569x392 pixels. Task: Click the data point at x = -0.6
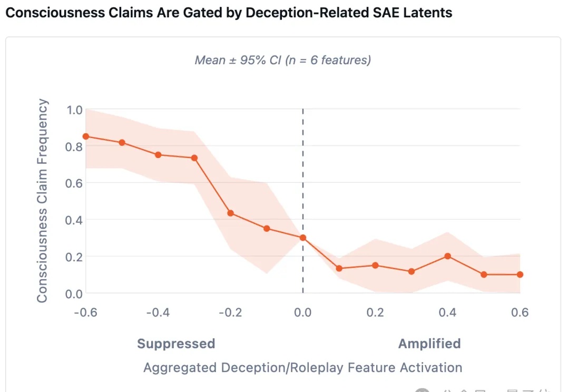click(86, 136)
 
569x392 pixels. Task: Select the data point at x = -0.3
click(194, 158)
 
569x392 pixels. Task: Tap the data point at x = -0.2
click(231, 213)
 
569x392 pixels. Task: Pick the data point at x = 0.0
click(303, 238)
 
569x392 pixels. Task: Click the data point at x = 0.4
click(448, 256)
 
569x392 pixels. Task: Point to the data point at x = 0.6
click(520, 275)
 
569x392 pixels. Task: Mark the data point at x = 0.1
click(339, 268)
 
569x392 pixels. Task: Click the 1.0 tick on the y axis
click(74, 110)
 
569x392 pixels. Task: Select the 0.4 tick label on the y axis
click(74, 220)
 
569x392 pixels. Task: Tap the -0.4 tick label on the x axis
click(158, 312)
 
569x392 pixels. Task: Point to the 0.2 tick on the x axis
click(375, 312)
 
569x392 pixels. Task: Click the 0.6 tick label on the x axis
click(520, 312)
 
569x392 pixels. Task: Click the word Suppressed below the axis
click(176, 344)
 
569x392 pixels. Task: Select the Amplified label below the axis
click(429, 344)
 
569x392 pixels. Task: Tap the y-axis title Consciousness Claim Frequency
click(42, 201)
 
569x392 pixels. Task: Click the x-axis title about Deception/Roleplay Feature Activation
click(302, 367)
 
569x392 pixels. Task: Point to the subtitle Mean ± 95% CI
click(283, 60)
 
